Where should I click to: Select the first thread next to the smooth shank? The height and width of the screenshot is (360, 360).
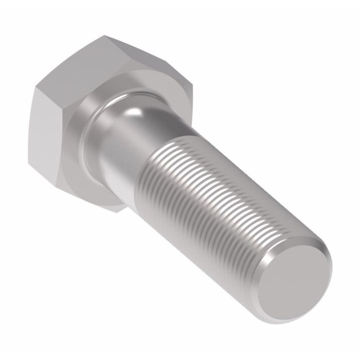pyautogui.click(x=157, y=149)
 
